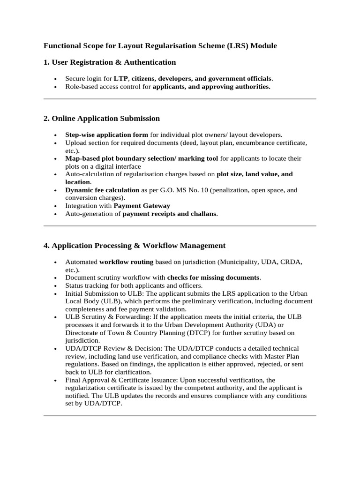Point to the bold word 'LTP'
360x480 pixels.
[121, 79]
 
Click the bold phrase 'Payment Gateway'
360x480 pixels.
[142, 206]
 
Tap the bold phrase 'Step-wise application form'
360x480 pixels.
[106, 135]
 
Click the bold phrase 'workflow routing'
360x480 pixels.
[126, 262]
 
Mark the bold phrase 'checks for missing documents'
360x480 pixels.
[213, 277]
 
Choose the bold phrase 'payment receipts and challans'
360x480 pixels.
[170, 214]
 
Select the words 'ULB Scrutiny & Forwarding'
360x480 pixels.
[108, 317]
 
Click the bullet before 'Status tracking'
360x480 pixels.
[56, 286]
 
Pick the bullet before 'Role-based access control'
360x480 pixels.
[56, 87]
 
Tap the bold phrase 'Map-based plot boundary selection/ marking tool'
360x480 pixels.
[142, 158]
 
